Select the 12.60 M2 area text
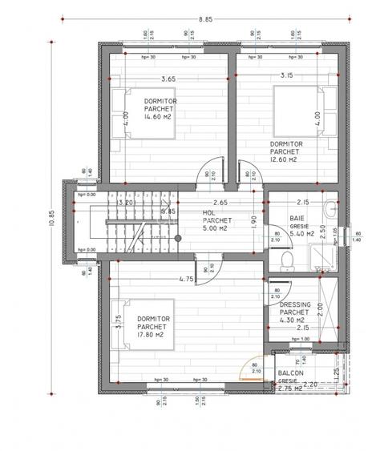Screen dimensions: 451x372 [x=284, y=159]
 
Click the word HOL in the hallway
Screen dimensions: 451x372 [x=207, y=212]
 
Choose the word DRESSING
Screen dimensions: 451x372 [x=294, y=304]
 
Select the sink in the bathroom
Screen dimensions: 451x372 [x=332, y=210]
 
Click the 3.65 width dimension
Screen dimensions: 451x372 [x=168, y=79]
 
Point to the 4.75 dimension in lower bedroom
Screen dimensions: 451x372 [x=186, y=280]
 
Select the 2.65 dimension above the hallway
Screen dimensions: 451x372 [x=220, y=203]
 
